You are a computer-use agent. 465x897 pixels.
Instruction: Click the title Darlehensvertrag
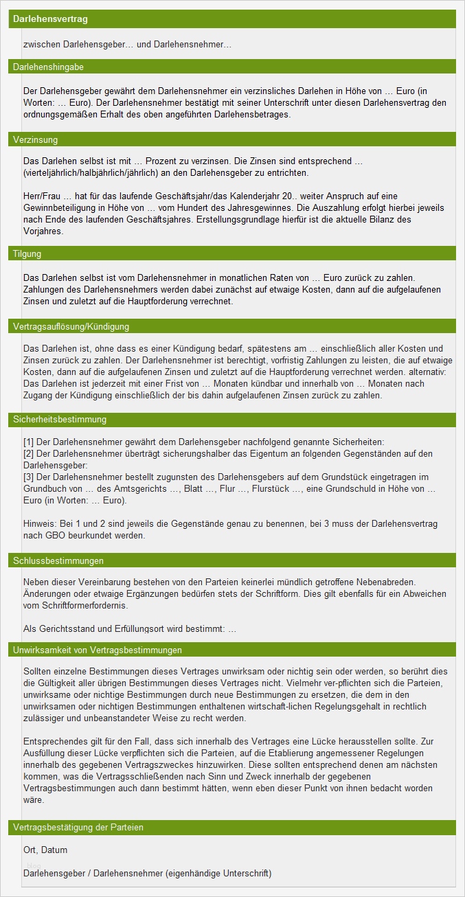click(51, 19)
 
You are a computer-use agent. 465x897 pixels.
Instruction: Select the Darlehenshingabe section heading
click(48, 67)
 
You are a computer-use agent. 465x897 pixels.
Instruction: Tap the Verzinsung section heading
click(36, 140)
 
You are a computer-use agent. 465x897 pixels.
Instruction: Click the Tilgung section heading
click(27, 254)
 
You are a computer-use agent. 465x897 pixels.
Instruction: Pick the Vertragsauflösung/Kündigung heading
click(71, 326)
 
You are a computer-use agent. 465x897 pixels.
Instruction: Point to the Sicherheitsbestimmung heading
click(60, 420)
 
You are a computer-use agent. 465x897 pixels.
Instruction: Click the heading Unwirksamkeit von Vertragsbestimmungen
click(97, 650)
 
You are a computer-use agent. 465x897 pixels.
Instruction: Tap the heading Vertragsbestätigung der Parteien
click(78, 828)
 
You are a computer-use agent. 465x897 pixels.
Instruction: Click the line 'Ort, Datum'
click(45, 850)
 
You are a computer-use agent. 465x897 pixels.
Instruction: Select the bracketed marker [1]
click(28, 441)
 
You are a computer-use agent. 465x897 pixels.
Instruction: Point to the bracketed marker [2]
click(28, 453)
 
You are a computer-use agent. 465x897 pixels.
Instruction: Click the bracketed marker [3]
click(28, 477)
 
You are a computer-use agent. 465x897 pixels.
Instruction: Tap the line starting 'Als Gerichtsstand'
click(129, 628)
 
